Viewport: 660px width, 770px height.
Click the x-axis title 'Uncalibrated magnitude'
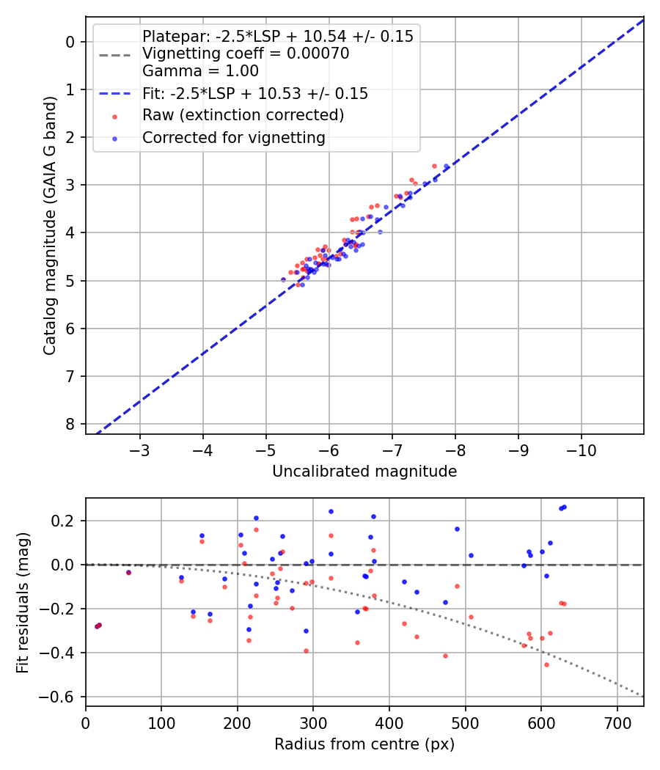[x=364, y=472]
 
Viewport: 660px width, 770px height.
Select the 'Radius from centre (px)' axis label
[x=364, y=744]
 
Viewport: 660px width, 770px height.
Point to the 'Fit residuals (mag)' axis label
[x=22, y=602]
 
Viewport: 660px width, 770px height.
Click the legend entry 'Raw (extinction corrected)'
[x=243, y=115]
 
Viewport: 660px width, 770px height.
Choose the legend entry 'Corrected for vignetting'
[x=233, y=137]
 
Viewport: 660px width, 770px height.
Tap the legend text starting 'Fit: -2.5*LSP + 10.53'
[x=254, y=94]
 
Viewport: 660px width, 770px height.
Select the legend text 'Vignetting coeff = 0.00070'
[x=246, y=54]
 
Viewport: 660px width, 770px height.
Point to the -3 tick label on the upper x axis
[x=139, y=448]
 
